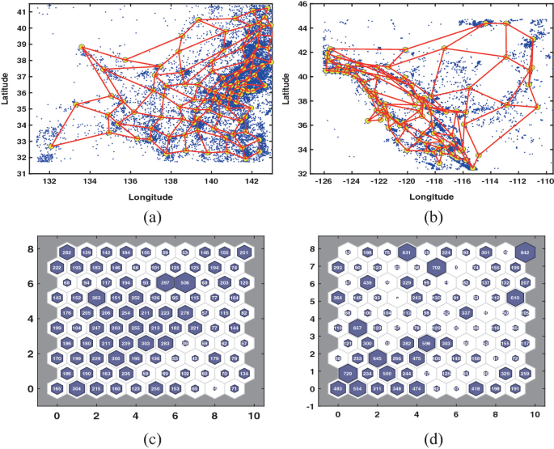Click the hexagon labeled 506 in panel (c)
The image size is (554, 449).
(x=184, y=282)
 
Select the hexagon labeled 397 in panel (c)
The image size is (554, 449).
(x=165, y=282)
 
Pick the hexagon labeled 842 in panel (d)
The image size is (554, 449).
(x=525, y=252)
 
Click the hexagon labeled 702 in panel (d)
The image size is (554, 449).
(x=436, y=267)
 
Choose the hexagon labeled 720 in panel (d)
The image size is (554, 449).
(x=348, y=374)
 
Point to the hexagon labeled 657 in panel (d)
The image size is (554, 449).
(x=357, y=328)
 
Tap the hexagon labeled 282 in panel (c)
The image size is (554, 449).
(x=67, y=252)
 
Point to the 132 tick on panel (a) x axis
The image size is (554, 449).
(x=50, y=181)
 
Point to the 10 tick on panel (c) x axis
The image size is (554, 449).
(x=254, y=416)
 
